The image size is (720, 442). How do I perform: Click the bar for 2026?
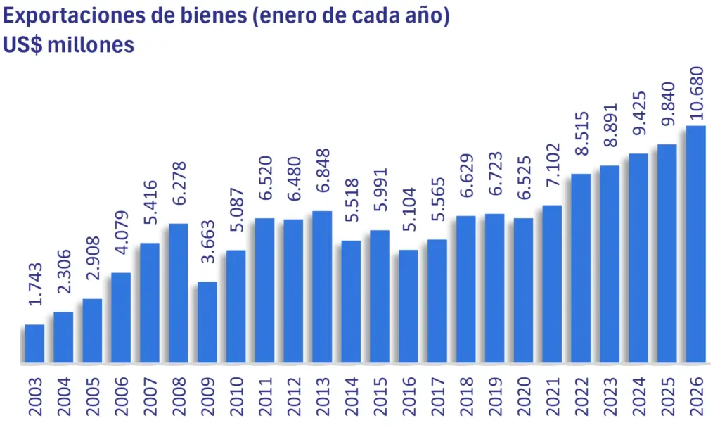695,245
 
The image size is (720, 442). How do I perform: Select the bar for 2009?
207,323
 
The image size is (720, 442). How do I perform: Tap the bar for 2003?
34,344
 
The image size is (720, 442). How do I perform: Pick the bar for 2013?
322,287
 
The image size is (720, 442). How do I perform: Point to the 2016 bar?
409,307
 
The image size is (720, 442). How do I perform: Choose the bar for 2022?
581,269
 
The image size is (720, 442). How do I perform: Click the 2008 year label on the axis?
179,398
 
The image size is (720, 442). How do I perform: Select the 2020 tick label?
524,398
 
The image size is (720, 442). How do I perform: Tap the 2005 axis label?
92,398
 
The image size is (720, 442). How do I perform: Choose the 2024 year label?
638,398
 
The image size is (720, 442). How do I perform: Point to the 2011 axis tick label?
265,398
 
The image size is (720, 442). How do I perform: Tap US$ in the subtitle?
20,45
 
